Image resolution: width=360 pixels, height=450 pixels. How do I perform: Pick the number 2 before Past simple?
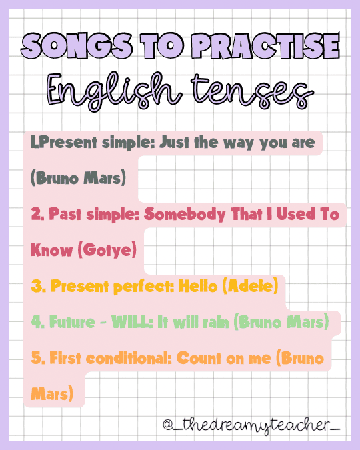tap(35, 215)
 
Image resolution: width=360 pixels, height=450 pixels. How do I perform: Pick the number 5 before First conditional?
tap(35, 358)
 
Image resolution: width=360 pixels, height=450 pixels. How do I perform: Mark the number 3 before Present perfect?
tap(35, 287)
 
